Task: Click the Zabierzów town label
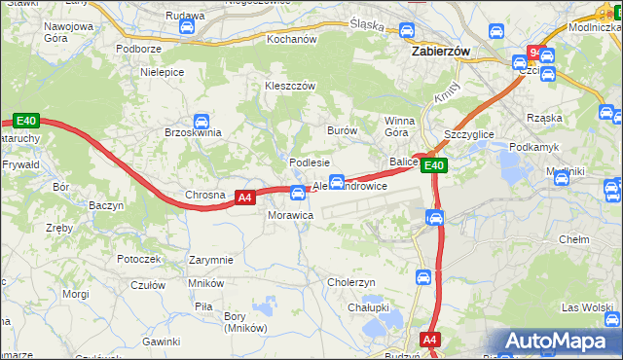441,54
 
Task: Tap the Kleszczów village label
291,86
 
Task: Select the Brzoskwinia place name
193,132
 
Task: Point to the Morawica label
290,214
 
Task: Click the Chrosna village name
205,196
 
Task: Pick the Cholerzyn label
351,282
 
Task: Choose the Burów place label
343,130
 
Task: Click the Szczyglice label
469,134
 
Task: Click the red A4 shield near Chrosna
245,198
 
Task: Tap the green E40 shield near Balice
434,166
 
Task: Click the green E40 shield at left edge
26,122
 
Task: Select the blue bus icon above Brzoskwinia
202,122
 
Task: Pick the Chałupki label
369,307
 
